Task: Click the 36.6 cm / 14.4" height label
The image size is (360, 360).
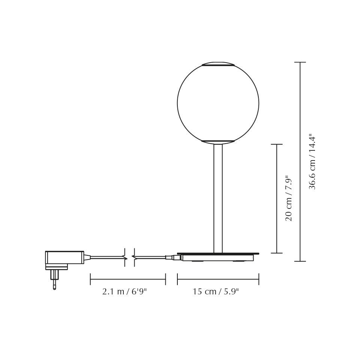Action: click(312, 161)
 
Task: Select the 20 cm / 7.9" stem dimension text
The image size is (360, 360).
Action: click(289, 198)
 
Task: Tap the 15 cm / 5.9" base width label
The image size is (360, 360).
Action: click(216, 292)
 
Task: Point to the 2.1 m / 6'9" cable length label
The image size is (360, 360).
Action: click(124, 292)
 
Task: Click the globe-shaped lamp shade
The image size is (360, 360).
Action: click(218, 103)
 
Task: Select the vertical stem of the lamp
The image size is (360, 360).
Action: click(218, 199)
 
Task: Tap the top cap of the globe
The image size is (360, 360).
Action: click(218, 64)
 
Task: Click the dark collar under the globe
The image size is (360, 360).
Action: click(218, 141)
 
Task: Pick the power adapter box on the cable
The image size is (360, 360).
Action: click(64, 258)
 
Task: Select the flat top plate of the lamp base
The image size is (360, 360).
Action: click(218, 254)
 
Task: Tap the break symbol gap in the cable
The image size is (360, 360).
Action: click(129, 258)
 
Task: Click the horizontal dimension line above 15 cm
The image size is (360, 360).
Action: click(218, 279)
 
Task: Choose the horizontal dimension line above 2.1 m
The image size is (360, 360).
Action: click(128, 279)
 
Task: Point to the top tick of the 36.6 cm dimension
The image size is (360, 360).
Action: click(300, 62)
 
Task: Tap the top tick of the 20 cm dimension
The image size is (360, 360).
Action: click(277, 144)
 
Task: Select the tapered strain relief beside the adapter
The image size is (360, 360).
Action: click(87, 258)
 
